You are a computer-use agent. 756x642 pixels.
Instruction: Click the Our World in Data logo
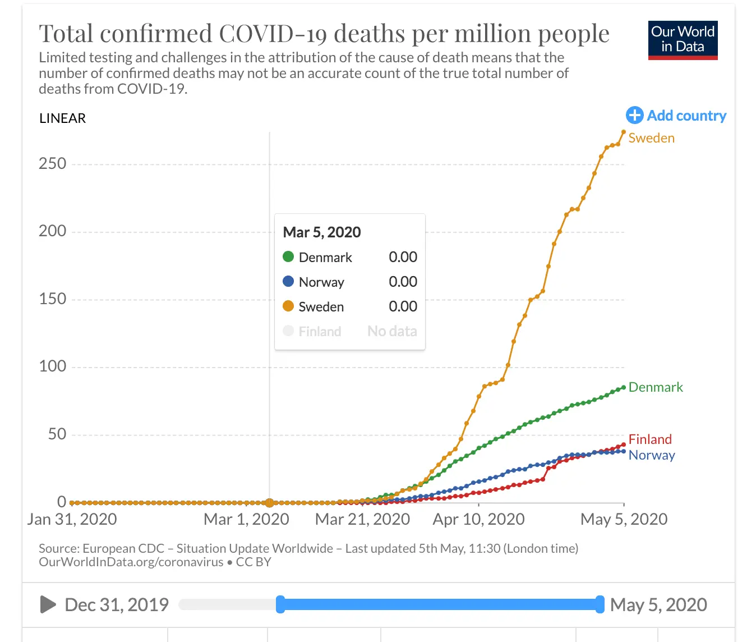683,40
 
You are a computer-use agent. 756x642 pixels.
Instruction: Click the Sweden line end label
651,138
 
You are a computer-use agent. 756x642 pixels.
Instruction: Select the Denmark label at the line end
656,387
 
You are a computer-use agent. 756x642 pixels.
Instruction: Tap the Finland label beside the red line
650,439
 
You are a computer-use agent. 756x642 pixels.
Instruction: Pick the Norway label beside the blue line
652,455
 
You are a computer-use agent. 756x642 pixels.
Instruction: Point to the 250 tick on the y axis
52,164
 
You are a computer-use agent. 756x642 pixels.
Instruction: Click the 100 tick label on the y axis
52,366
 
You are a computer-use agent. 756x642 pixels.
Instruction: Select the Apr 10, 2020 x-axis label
478,519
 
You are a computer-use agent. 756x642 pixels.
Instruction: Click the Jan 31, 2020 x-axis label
72,519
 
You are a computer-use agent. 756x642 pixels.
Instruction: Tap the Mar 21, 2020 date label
362,519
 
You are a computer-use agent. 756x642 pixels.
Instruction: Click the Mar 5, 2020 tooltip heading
322,232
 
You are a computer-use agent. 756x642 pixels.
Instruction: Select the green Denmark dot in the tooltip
288,257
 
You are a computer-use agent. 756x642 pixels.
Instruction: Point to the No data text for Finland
392,332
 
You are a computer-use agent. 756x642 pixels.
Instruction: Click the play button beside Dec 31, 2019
48,604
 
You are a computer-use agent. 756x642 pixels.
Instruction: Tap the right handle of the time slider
600,604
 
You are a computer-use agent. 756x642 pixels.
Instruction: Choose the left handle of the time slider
280,604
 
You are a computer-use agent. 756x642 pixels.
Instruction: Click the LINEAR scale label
62,118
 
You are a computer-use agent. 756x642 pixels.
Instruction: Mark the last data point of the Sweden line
624,132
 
